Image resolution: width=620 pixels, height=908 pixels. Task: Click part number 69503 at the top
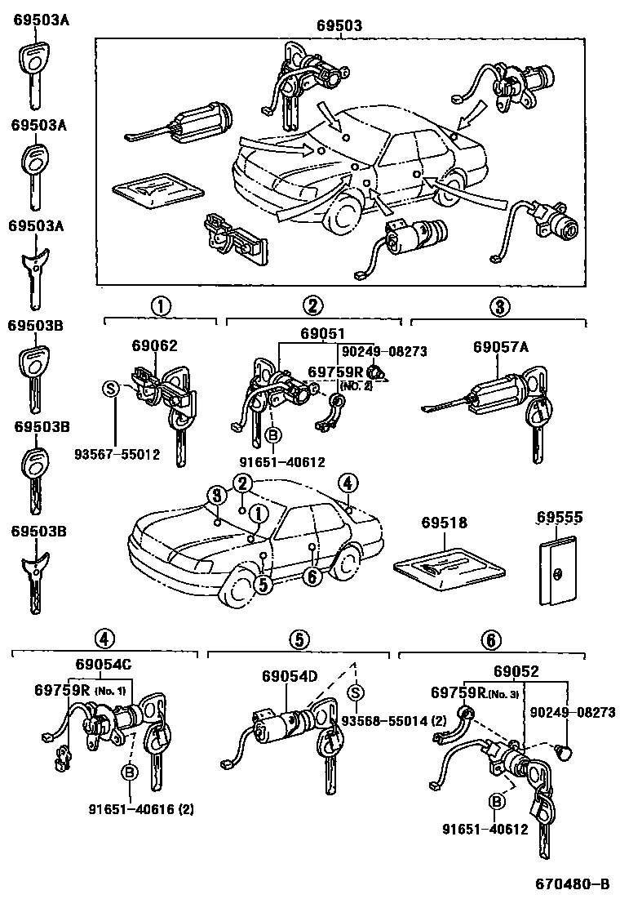[339, 25]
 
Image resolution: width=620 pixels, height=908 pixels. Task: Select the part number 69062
[155, 346]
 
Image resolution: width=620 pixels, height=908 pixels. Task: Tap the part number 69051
[322, 334]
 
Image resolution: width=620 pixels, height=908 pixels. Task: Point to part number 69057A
[501, 346]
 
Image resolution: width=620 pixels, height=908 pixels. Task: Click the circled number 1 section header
[161, 306]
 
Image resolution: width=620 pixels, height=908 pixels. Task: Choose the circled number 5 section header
[299, 639]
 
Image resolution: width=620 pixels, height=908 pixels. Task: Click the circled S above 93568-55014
[356, 692]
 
